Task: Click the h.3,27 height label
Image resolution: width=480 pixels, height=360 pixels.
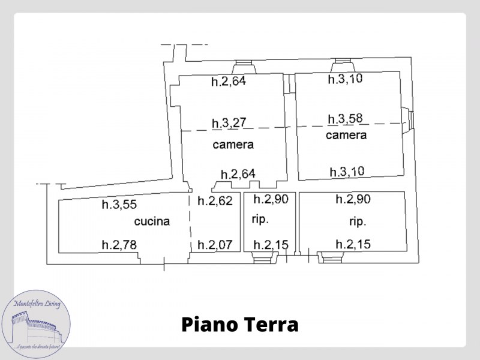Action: click(229, 124)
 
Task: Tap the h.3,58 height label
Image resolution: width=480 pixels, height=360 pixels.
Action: click(346, 118)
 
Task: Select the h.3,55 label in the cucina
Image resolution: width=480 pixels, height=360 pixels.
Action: click(118, 204)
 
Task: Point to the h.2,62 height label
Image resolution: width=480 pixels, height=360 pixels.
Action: click(215, 201)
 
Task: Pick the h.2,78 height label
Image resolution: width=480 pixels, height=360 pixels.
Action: click(118, 244)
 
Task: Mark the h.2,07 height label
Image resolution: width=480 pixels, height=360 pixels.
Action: click(215, 244)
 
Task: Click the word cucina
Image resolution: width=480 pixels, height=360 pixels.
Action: click(152, 221)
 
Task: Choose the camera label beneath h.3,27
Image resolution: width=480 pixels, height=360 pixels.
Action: click(233, 145)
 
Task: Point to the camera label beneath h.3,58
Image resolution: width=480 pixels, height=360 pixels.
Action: click(346, 136)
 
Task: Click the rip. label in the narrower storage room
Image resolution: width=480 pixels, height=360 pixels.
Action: click(260, 219)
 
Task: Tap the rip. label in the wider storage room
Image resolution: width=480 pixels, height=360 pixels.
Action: click(358, 221)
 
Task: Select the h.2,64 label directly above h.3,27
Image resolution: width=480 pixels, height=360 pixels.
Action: click(229, 82)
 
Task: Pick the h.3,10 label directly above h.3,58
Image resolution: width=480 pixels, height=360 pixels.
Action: click(346, 79)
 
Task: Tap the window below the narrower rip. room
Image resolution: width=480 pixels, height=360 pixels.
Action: click(262, 259)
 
